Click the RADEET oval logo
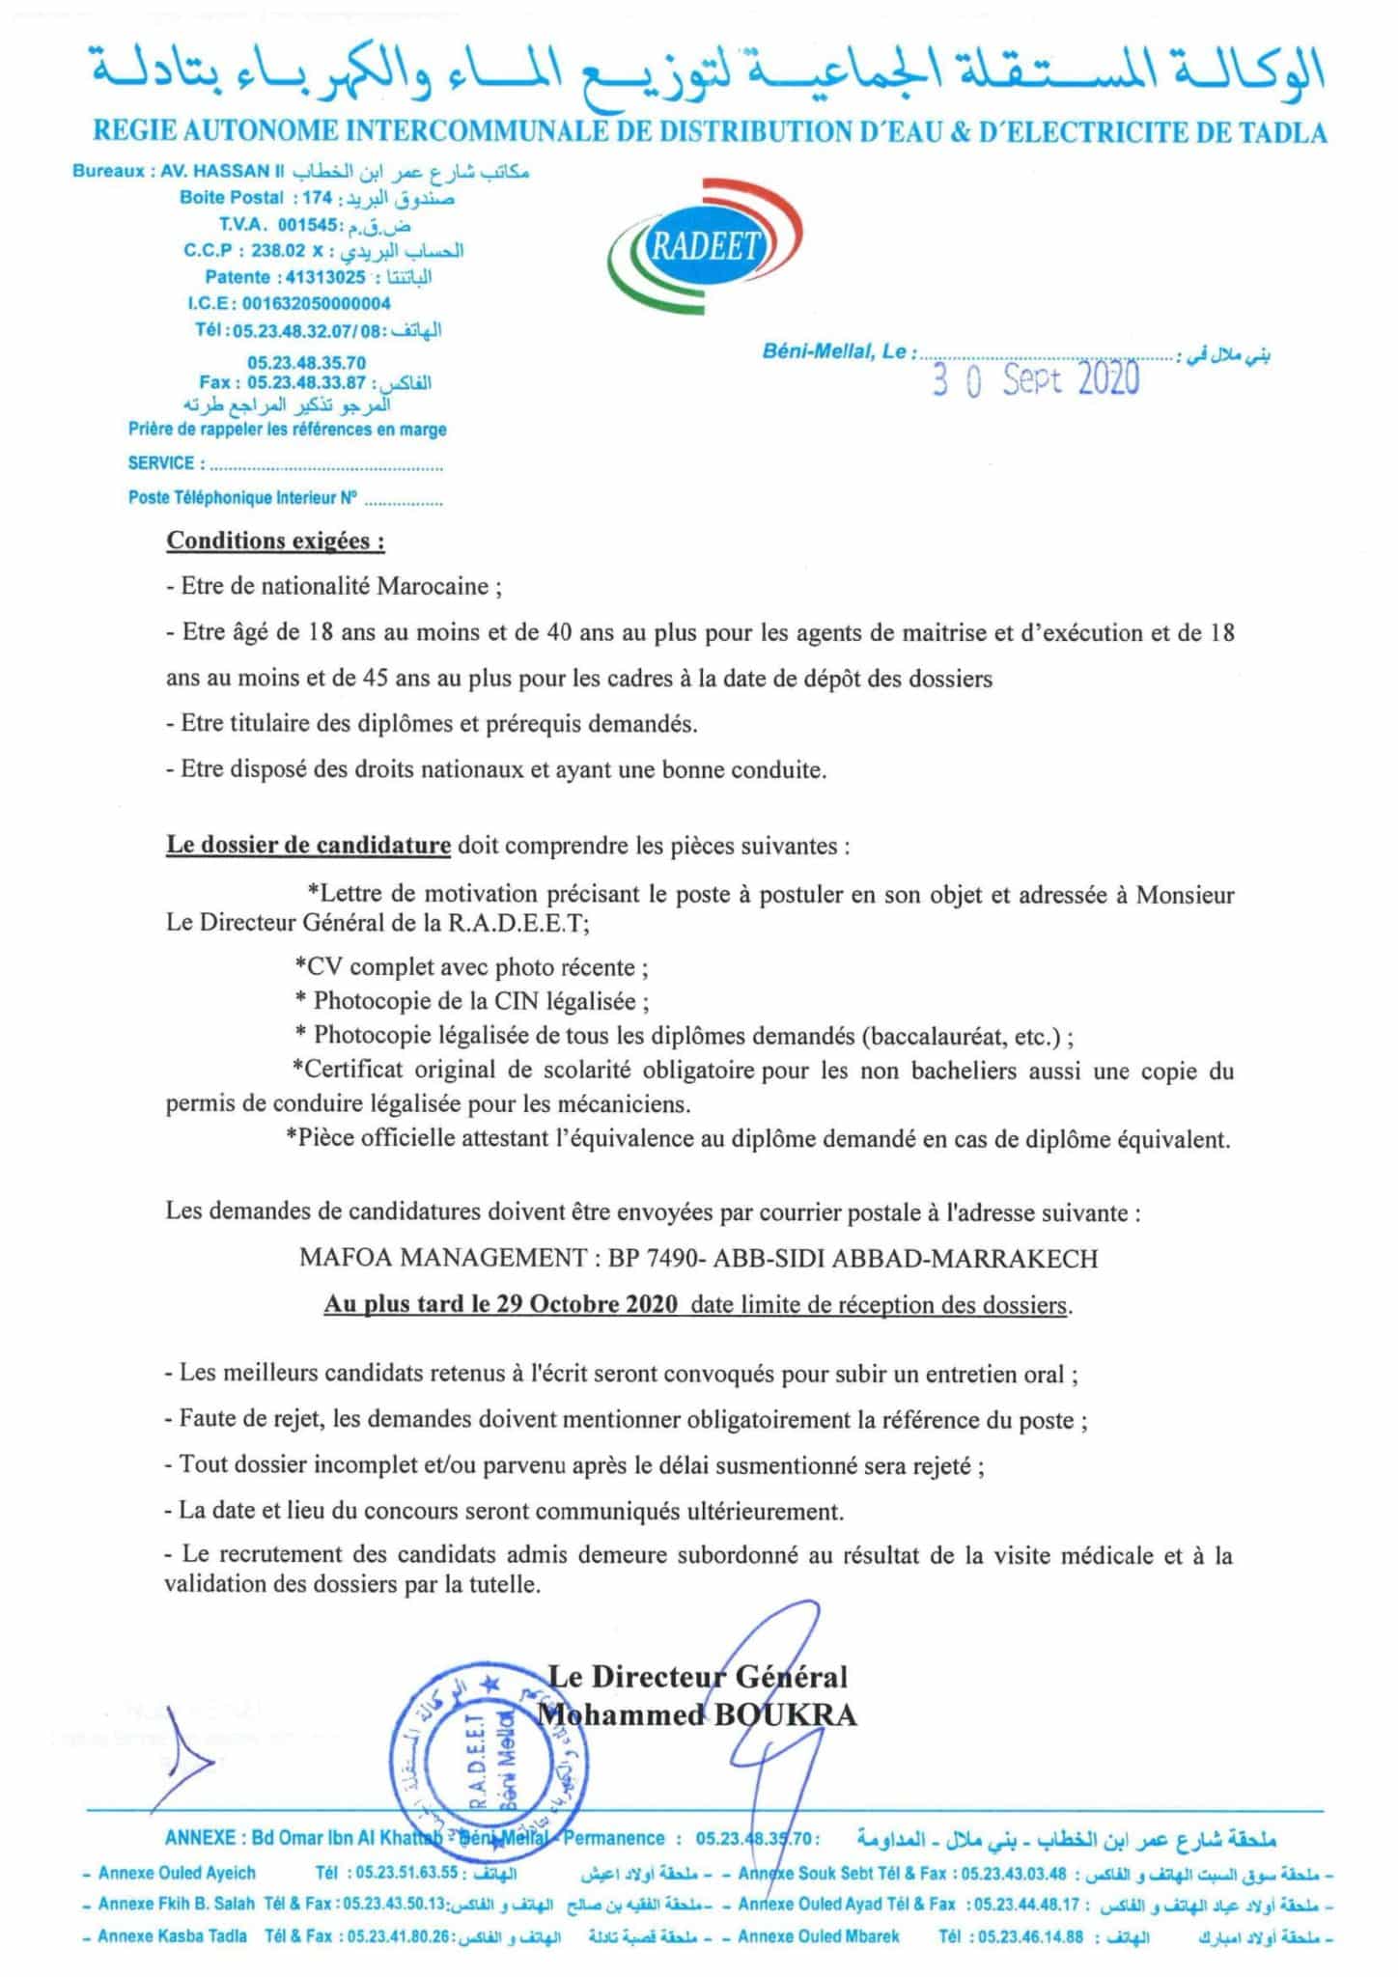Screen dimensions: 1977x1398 point(704,247)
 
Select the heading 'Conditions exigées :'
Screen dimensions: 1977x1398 point(275,541)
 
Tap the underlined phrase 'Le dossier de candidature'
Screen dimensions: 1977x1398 point(308,846)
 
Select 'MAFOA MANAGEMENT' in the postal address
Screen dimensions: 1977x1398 point(442,1258)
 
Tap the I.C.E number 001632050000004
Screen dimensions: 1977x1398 point(317,303)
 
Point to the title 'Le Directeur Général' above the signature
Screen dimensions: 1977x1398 point(698,1676)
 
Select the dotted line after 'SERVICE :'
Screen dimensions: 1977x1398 point(325,465)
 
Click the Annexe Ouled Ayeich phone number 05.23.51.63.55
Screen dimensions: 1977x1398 point(405,1873)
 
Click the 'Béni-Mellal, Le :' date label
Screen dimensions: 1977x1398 point(835,352)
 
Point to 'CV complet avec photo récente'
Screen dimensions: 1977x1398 point(471,966)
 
